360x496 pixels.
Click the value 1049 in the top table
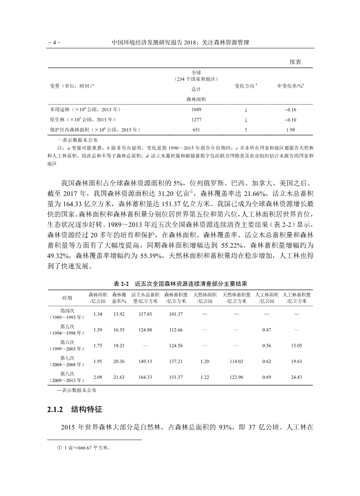(x=196, y=109)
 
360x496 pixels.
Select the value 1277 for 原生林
(x=196, y=119)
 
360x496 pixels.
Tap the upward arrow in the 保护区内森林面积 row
(x=245, y=130)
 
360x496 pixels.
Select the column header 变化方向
(x=245, y=85)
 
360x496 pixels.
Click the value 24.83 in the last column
(x=296, y=377)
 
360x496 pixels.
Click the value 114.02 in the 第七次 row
(x=238, y=361)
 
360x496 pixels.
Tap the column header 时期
(x=67, y=298)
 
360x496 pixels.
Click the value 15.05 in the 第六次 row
(x=296, y=345)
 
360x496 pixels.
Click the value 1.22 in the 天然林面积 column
(x=204, y=377)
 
